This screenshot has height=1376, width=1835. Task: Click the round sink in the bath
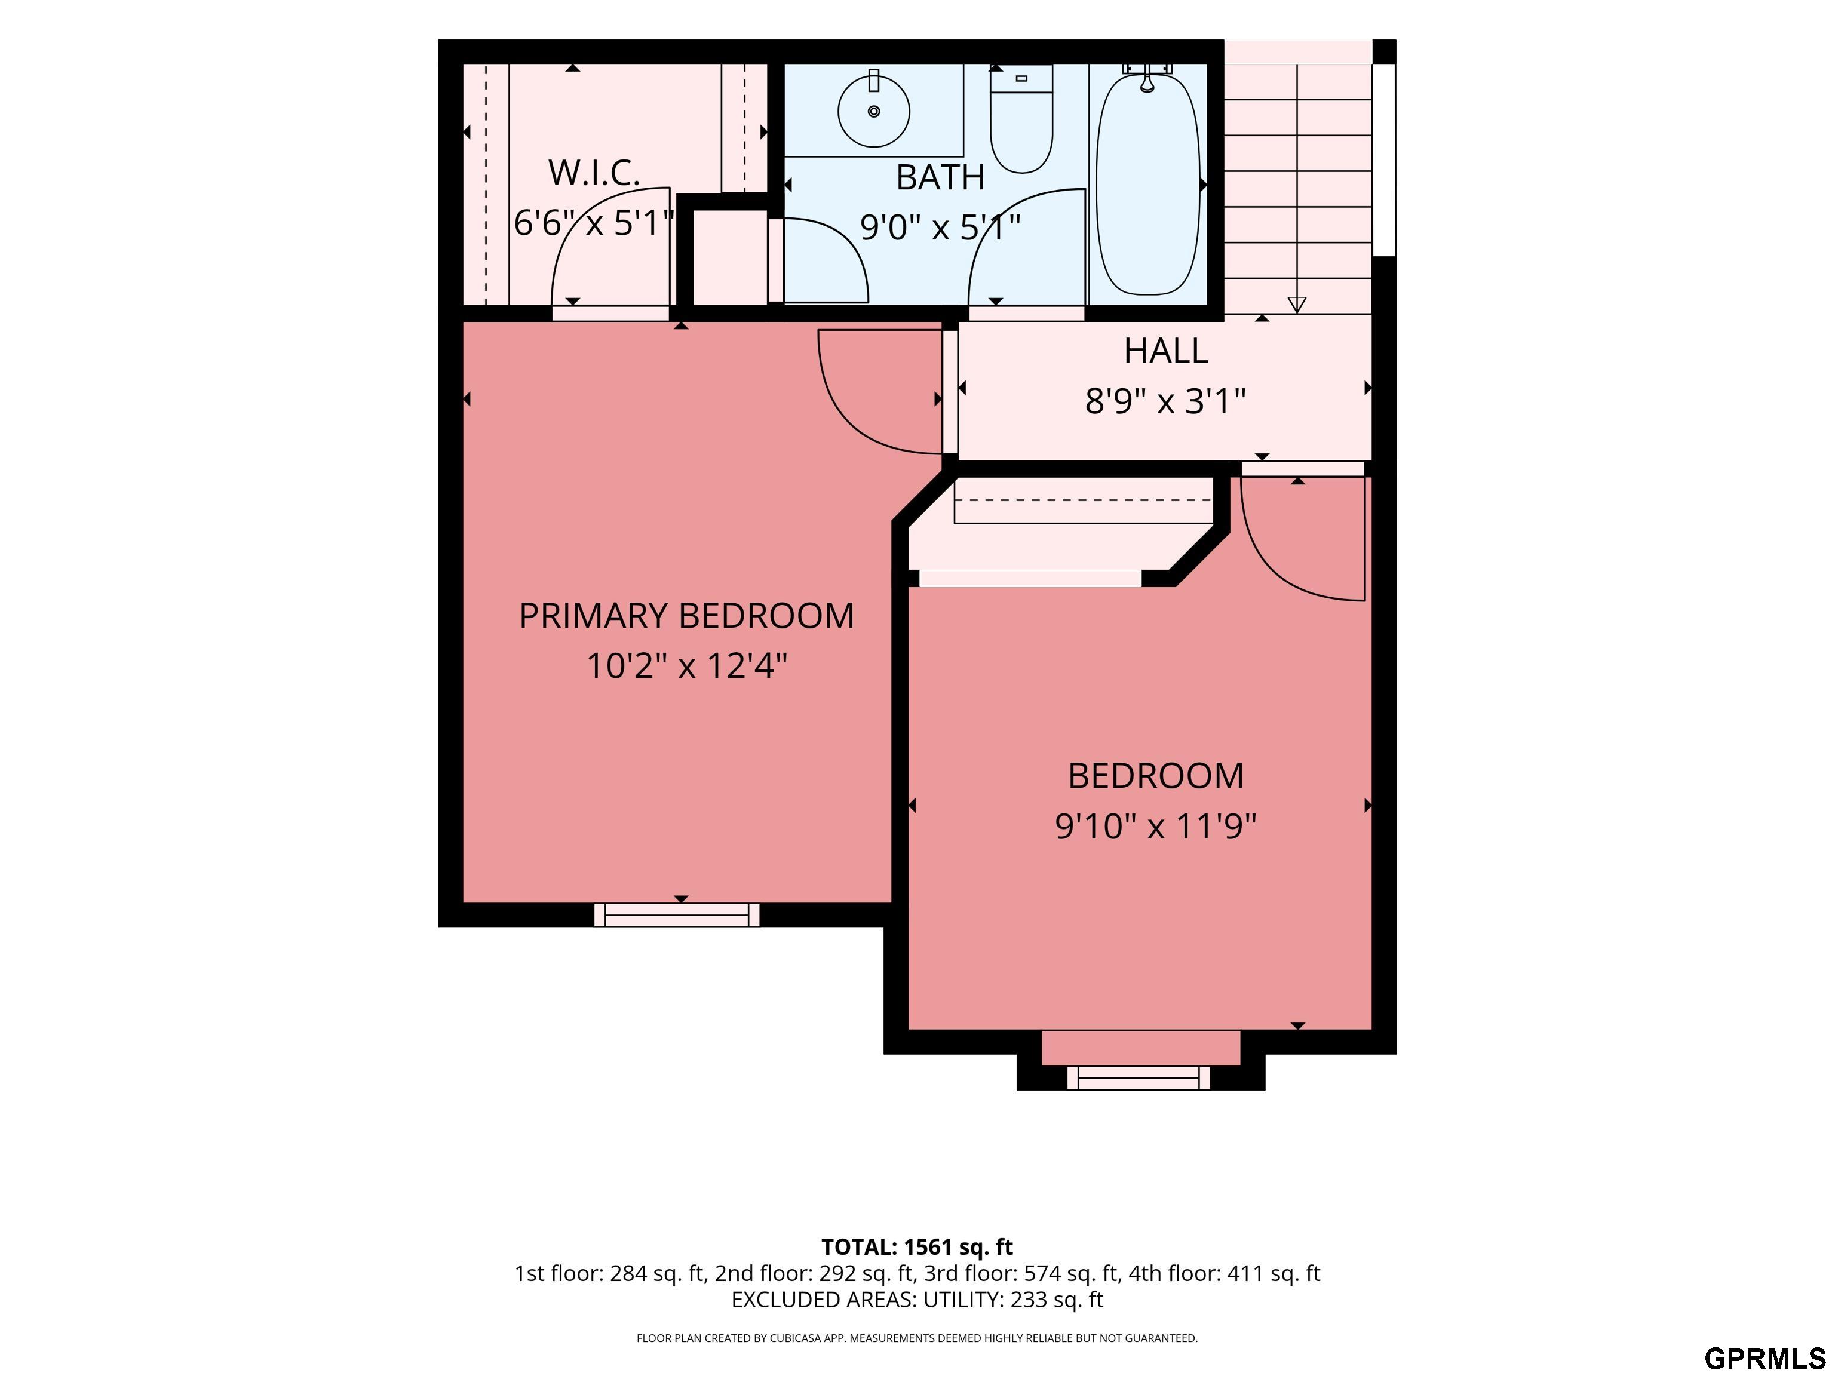point(873,110)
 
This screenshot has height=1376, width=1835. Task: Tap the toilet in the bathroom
point(1021,119)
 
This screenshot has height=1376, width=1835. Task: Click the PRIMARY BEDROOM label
point(686,615)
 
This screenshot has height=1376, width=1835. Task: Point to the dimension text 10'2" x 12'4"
point(686,665)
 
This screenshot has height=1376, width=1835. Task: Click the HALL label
point(1165,351)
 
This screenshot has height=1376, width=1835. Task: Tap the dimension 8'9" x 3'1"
point(1165,401)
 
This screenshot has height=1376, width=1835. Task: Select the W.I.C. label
point(594,173)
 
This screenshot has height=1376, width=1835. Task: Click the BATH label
point(940,177)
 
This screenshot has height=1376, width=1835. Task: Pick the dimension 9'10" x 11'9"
point(1156,826)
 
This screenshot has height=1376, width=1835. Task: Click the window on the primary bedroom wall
point(677,915)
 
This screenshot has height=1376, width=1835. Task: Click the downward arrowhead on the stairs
point(1297,305)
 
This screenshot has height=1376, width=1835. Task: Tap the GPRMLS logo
point(1765,1357)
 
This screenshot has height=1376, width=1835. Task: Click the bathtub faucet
point(1147,78)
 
